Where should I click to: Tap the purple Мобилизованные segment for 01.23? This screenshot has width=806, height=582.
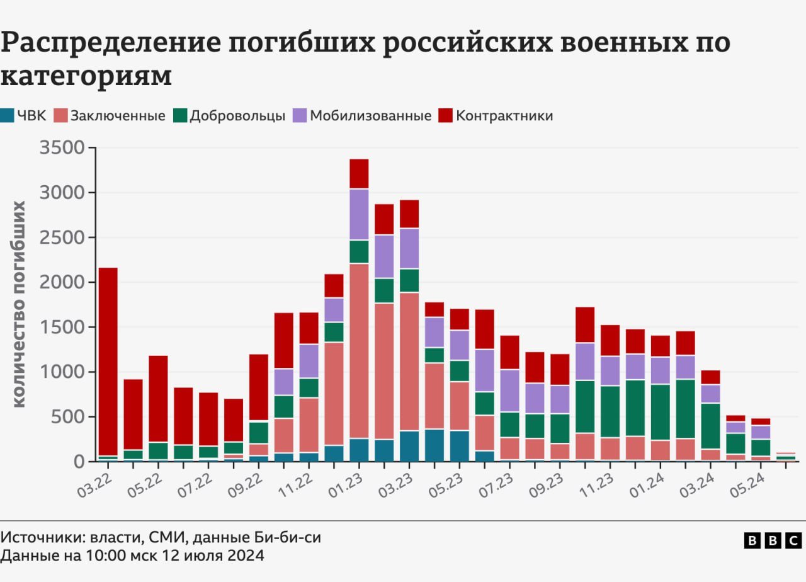[x=359, y=214]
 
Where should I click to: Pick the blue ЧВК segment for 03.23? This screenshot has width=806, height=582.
[x=409, y=446]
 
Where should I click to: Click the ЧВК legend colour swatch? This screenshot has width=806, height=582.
[x=7, y=116]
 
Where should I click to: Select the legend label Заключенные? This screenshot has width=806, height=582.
[x=118, y=116]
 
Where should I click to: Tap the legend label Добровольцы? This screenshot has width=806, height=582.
[x=237, y=116]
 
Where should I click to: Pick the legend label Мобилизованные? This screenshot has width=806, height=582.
[x=371, y=116]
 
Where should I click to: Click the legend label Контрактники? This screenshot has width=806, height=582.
[x=504, y=116]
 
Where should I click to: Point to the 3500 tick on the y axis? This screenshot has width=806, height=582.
[x=62, y=148]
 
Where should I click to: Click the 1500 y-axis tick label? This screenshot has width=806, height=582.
[x=62, y=327]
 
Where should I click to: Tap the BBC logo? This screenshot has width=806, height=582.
[x=773, y=540]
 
